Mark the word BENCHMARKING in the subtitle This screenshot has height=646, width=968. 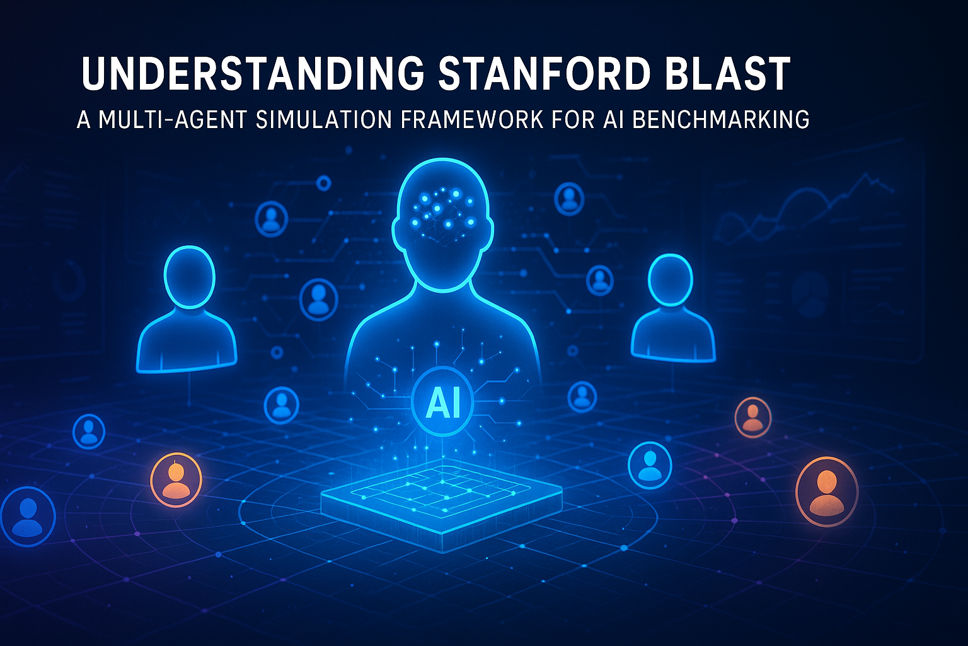pos(720,119)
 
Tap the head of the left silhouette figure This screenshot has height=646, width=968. pos(189,278)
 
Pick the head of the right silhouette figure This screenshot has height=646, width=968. pos(671,281)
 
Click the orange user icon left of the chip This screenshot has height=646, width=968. pos(176,479)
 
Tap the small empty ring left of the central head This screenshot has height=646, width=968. pos(324,184)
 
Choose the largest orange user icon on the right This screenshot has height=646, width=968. pos(826,491)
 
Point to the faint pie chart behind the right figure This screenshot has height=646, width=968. pos(810,293)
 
